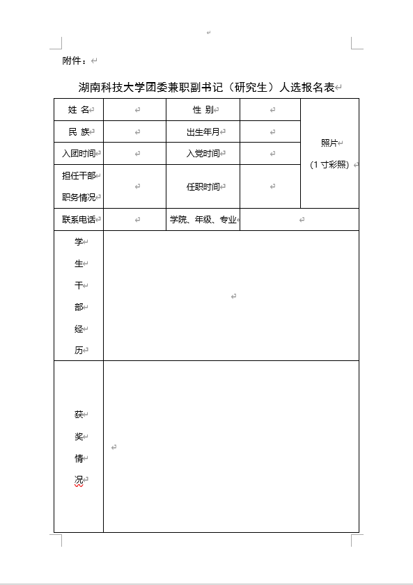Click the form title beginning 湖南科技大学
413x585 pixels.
click(206, 88)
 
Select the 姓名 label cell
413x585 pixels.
click(79, 110)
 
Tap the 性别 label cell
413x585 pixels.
click(203, 110)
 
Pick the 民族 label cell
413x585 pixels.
click(79, 131)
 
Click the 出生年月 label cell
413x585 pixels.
click(203, 131)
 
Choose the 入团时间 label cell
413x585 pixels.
click(79, 153)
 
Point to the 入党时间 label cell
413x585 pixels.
click(203, 153)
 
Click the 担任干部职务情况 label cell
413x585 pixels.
click(79, 186)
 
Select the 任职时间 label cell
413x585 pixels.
click(203, 186)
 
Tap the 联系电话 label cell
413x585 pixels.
click(79, 220)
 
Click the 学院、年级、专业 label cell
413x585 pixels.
click(203, 220)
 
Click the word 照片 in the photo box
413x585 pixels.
click(329, 143)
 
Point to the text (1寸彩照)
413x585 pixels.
click(329, 165)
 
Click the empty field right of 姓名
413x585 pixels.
click(135, 110)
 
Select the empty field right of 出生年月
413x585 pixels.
click(270, 131)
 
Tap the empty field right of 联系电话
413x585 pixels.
click(135, 220)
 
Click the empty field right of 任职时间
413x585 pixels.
click(270, 186)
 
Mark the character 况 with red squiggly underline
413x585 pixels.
click(79, 481)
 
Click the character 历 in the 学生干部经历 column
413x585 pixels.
click(79, 351)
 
